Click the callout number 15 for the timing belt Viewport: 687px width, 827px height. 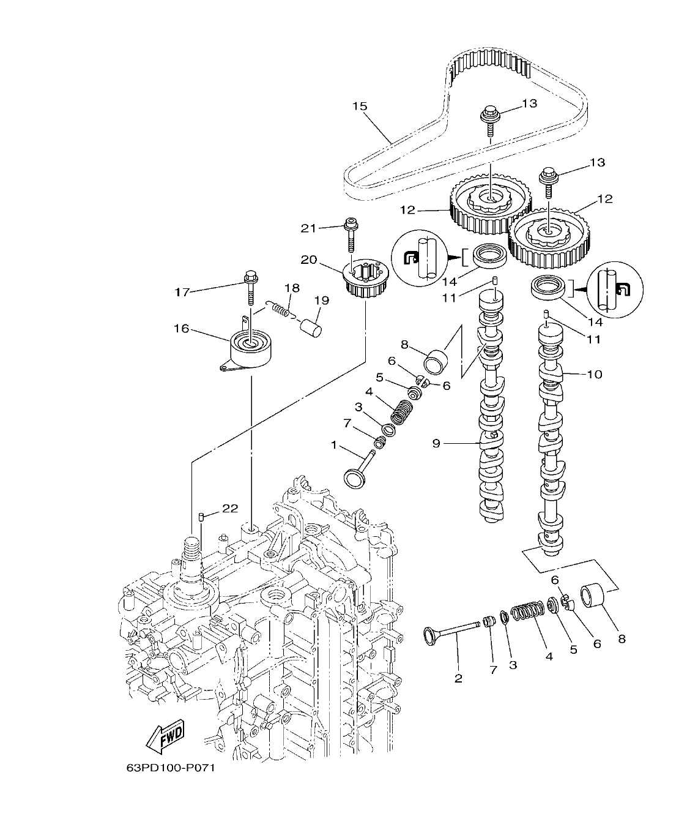[x=360, y=107]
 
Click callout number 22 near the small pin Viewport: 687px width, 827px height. [x=229, y=509]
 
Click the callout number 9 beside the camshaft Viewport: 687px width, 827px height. [x=436, y=443]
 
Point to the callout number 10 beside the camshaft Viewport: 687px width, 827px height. [x=594, y=374]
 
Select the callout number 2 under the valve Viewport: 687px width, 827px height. [x=458, y=678]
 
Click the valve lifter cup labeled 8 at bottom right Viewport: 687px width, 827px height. [x=592, y=596]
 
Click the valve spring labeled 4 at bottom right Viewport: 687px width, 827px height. [x=526, y=612]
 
